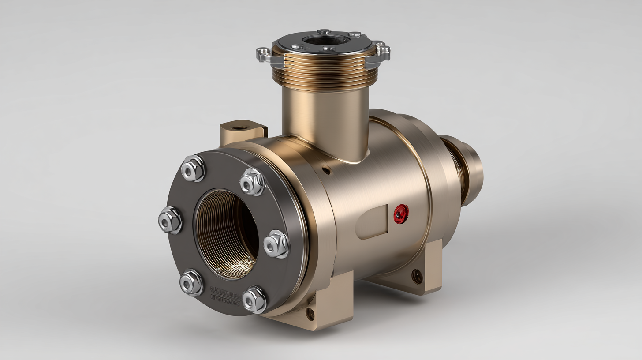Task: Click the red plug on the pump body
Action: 401,214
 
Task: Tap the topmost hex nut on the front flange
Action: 193,168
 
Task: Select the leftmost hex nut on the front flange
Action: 170,220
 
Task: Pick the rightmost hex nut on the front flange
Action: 276,244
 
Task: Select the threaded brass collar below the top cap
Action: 325,71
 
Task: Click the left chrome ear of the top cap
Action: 264,54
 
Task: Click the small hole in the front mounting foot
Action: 310,314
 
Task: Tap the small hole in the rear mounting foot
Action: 417,276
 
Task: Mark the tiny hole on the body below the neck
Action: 325,169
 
